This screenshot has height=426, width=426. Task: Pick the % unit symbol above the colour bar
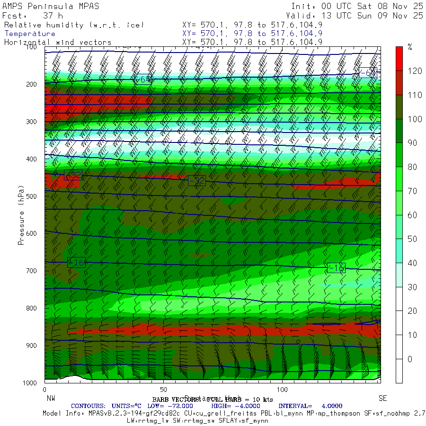pos(410,47)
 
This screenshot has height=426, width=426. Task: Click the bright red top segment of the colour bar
pos(399,58)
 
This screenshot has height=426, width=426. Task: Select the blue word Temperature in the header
pos(30,34)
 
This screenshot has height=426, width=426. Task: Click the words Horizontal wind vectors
pos(58,42)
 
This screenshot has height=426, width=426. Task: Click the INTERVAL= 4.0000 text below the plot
pos(310,406)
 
